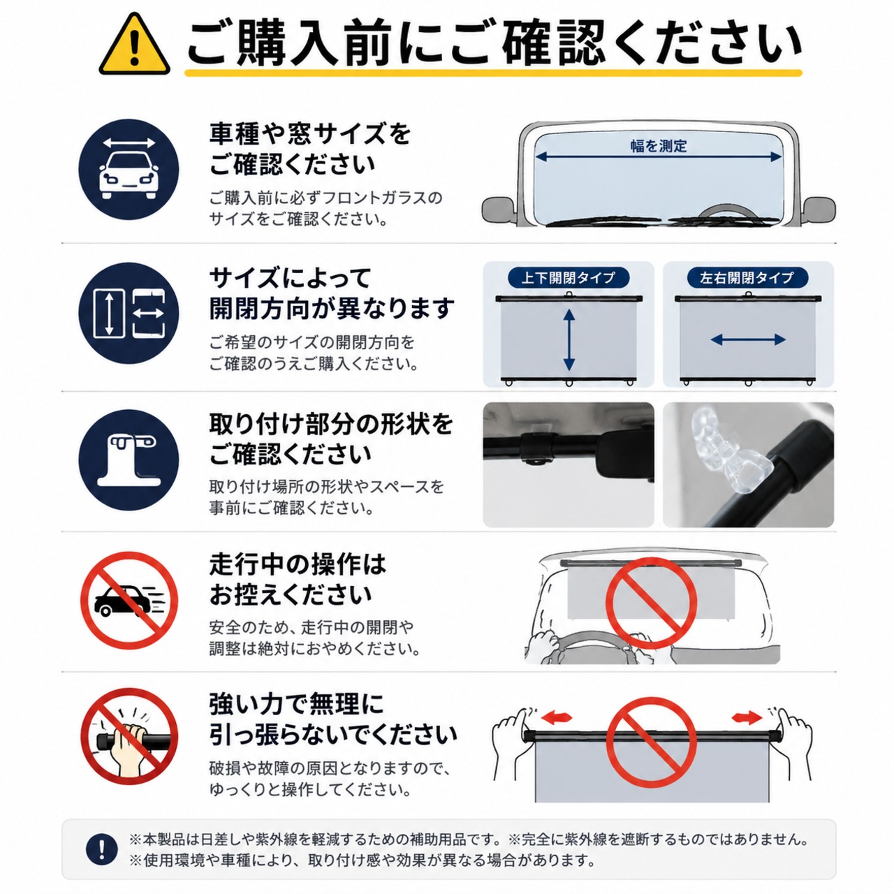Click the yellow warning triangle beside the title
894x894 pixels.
[135, 45]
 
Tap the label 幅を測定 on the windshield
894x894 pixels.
[659, 146]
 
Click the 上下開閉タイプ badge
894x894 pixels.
[569, 278]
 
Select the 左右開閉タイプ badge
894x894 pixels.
[747, 278]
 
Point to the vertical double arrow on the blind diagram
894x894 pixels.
[569, 340]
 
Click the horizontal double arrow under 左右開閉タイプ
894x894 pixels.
[748, 339]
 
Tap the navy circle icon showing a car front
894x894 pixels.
[129, 169]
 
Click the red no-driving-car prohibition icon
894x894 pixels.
[129, 600]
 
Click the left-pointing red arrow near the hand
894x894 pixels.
[557, 718]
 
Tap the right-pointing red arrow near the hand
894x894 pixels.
[747, 718]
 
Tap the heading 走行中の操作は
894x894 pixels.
[298, 564]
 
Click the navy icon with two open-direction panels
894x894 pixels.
[129, 313]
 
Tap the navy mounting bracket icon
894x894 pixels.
[129, 460]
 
